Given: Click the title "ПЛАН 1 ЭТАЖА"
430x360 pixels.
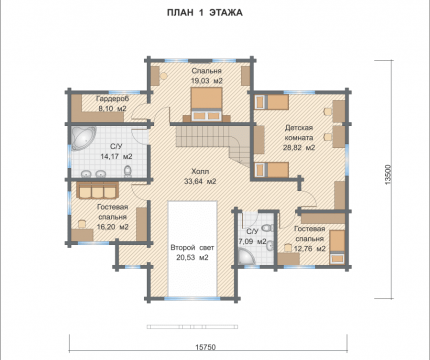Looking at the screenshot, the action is [205, 13].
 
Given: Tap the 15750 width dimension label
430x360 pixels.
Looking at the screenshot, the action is [205, 347].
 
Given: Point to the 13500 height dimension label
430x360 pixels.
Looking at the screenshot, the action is [388, 174].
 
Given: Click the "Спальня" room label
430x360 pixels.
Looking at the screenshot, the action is [206, 71].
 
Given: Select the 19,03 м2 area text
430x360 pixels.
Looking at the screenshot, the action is [206, 81].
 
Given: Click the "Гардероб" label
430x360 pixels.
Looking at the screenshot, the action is [112, 99].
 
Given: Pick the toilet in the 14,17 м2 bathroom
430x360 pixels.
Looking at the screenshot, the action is [128, 171].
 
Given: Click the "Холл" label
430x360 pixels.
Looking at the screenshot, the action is [200, 172].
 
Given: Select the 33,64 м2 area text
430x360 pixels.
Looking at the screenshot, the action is [200, 181].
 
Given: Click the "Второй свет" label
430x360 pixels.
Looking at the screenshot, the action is [192, 248].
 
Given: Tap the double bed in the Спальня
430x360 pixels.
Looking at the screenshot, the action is [206, 104].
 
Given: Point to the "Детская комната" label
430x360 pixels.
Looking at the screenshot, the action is [299, 133].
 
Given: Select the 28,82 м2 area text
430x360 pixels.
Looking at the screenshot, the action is [299, 147].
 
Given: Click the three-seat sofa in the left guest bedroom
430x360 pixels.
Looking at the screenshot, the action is [97, 190].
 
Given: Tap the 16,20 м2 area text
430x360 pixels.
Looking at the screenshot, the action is [113, 227].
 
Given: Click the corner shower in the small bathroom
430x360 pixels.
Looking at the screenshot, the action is [246, 258].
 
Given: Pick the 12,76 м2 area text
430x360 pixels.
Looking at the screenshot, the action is [310, 249].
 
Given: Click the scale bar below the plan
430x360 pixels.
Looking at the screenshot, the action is [192, 327].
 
